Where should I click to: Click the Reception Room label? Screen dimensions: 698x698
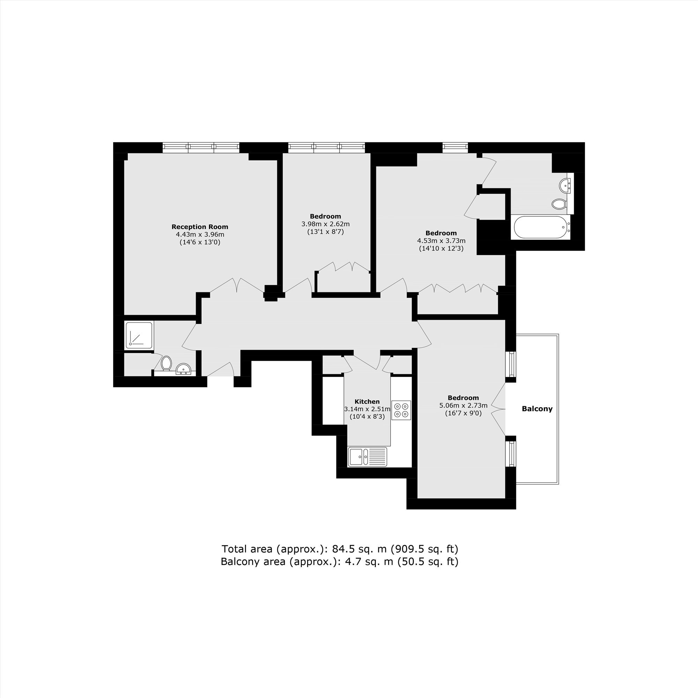pos(200,227)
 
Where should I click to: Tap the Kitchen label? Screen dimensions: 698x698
pos(367,401)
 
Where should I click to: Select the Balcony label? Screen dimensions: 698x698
pos(537,409)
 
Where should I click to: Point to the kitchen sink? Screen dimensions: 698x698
pos(367,456)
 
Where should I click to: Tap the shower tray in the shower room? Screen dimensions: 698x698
pos(139,335)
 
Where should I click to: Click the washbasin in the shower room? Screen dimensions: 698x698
pos(184,369)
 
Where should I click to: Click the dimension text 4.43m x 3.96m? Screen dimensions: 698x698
pos(200,235)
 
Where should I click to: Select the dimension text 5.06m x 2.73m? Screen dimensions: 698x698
pos(463,405)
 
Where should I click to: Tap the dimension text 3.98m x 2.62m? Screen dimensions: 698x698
pos(326,224)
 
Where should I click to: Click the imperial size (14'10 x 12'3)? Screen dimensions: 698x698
pos(441,248)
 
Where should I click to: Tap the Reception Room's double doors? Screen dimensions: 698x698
pos(237,285)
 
